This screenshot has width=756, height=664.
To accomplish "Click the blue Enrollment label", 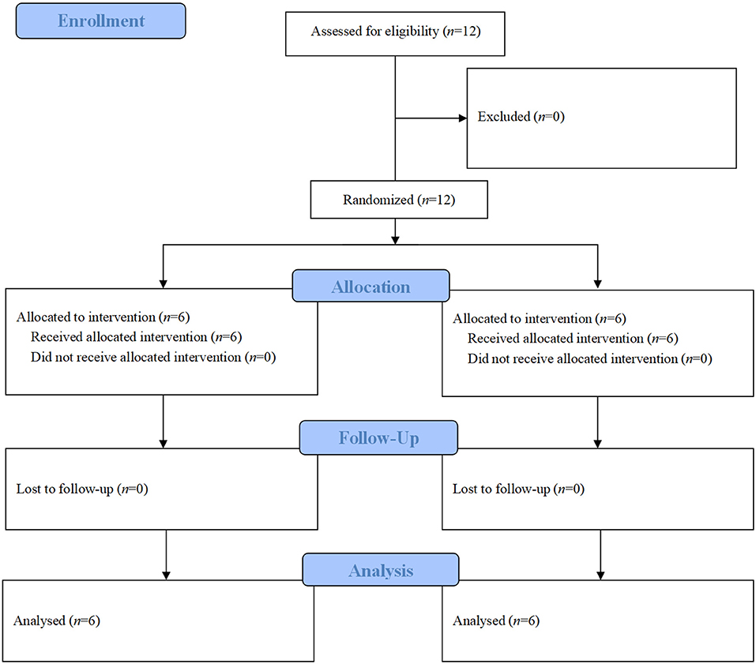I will click(100, 21).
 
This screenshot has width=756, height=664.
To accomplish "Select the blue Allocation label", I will click(370, 286).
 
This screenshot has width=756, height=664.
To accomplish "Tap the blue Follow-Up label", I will click(378, 437).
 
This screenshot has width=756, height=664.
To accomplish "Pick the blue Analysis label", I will click(381, 569).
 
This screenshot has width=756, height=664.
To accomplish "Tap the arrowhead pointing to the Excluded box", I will click(461, 118).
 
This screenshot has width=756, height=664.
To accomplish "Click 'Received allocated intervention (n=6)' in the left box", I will click(136, 337).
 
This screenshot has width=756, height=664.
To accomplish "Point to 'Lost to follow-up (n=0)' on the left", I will click(82, 489).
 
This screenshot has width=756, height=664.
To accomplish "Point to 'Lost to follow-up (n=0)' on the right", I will click(518, 490).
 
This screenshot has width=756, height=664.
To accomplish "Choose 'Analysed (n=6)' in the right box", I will click(496, 621).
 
